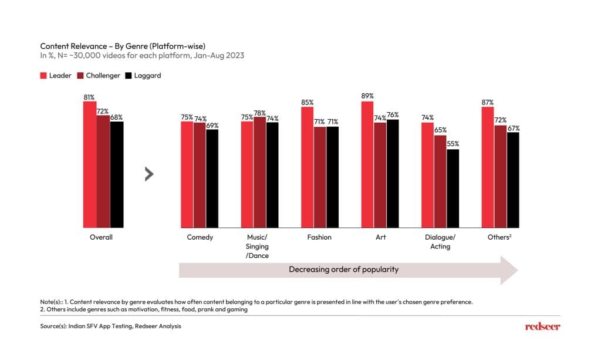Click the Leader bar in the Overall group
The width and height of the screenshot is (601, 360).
tap(90, 164)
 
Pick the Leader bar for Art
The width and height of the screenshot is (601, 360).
tap(367, 164)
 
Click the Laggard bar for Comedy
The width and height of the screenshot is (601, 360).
tap(212, 178)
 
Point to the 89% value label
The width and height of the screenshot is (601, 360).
tap(367, 96)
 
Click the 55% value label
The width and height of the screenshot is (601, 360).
tap(453, 143)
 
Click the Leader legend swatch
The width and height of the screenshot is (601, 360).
tap(43, 76)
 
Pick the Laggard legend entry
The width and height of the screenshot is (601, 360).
tap(143, 76)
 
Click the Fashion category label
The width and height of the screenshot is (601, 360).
tap(319, 237)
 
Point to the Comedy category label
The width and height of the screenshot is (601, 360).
tap(200, 237)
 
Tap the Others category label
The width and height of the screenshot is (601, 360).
tap(500, 237)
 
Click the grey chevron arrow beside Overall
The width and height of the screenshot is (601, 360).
tap(149, 174)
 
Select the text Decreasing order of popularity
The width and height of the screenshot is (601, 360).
tap(343, 270)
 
